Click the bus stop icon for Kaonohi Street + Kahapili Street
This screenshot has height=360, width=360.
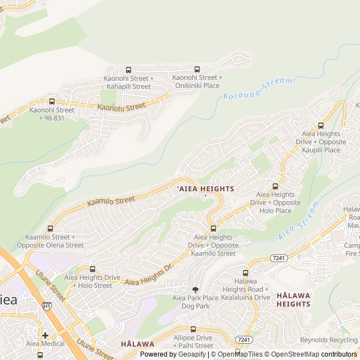click(128, 70)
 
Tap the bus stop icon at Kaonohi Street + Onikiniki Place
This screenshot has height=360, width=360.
click(197, 69)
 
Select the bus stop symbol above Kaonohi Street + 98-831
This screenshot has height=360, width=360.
click(52, 101)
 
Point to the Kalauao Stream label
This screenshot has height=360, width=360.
click(258, 89)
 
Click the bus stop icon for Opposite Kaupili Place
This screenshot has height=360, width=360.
click(321, 125)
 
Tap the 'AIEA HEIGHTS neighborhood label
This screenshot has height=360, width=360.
click(205, 189)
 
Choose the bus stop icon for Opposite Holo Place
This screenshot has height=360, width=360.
click(275, 186)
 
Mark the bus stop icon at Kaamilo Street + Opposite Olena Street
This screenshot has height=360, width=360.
click(50, 228)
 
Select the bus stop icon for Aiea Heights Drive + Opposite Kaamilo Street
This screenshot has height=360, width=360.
click(213, 228)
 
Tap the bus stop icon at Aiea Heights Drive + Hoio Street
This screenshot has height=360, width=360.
click(92, 269)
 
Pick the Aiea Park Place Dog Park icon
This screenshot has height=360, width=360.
click(195, 289)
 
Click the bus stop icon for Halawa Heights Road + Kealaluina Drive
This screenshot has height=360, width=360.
click(245, 272)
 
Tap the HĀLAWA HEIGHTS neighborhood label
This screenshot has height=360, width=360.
click(293, 299)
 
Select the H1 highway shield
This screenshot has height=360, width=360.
click(47, 306)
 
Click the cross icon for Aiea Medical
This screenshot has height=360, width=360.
click(45, 335)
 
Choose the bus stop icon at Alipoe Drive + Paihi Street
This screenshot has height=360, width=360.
click(193, 329)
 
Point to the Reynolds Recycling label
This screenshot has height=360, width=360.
click(329, 340)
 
